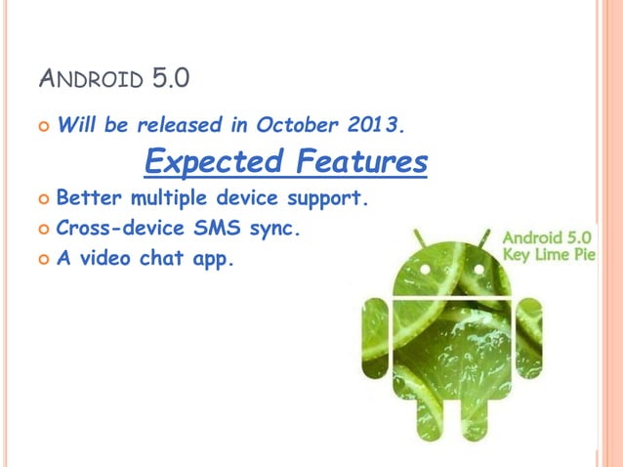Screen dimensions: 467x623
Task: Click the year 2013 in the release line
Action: coord(376,125)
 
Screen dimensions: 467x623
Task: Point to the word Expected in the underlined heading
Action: coord(205,160)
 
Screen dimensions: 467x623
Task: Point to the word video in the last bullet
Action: coord(109,260)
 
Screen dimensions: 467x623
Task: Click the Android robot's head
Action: coord(452,269)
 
